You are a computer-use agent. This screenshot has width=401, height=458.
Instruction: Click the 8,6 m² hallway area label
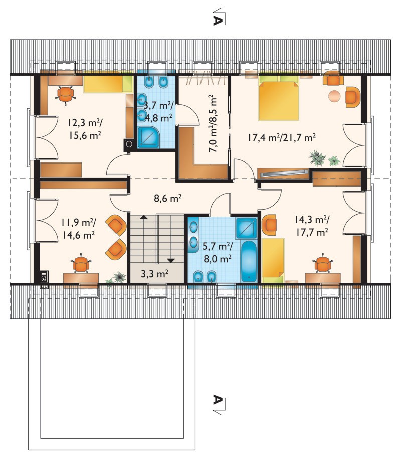pyautogui.click(x=167, y=199)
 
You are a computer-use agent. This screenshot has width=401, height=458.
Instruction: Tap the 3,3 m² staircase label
pyautogui.click(x=154, y=274)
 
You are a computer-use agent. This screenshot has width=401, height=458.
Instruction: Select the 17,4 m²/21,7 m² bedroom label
pyautogui.click(x=282, y=137)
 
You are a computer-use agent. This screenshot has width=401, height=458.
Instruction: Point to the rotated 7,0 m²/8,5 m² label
pyautogui.click(x=213, y=123)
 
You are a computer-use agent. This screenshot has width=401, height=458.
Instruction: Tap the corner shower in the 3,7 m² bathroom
pyautogui.click(x=148, y=137)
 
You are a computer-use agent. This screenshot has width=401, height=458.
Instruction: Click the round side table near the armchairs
pyautogui.click(x=335, y=96)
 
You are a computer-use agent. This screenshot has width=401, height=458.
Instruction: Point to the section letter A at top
pyautogui.click(x=217, y=21)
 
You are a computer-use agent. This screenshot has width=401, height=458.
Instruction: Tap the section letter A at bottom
pyautogui.click(x=217, y=399)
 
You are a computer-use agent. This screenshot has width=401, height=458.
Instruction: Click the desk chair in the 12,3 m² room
pyautogui.click(x=65, y=94)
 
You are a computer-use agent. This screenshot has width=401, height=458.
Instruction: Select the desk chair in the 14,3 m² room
pyautogui.click(x=323, y=263)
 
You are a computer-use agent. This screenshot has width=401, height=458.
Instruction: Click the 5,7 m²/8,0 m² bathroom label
pyautogui.click(x=218, y=253)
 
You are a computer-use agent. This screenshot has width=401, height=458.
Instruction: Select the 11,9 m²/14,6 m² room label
pyautogui.click(x=78, y=229)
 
